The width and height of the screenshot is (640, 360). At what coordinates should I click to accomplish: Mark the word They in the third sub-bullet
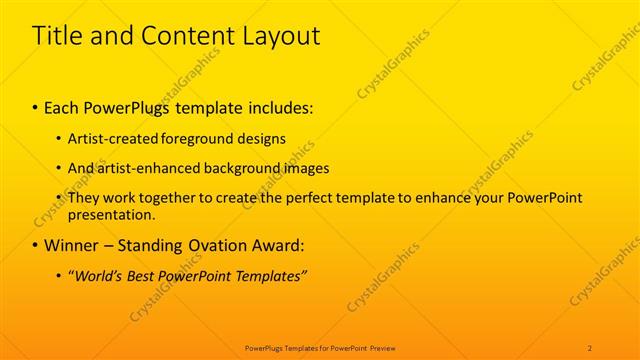83,198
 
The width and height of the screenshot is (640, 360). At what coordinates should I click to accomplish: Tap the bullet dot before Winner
36,246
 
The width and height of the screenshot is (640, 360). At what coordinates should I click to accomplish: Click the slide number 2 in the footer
590,348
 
